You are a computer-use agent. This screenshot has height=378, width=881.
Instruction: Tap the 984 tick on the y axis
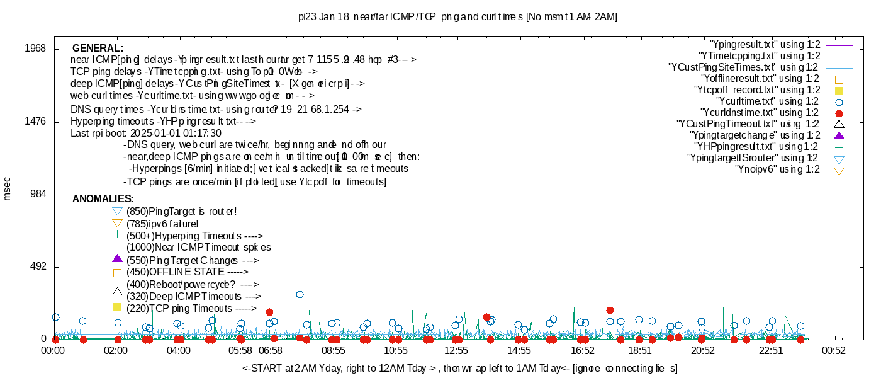(38, 195)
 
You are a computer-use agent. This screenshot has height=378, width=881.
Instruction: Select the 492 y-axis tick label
(38, 267)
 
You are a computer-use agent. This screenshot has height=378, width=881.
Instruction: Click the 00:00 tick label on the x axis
(55, 350)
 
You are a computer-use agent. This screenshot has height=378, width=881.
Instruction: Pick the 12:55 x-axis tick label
(456, 350)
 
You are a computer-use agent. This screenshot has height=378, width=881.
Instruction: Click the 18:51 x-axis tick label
(640, 350)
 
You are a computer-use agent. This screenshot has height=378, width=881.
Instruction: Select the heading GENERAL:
(98, 49)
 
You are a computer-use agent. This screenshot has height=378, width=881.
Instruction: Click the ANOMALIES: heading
(103, 199)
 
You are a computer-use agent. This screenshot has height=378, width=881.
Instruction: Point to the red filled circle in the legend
(838, 113)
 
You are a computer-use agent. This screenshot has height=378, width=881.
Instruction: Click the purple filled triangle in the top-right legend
(838, 135)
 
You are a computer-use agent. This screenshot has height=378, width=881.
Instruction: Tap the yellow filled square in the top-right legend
(838, 91)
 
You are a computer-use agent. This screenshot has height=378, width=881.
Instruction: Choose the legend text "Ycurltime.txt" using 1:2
(767, 101)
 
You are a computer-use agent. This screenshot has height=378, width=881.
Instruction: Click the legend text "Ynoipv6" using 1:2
(777, 169)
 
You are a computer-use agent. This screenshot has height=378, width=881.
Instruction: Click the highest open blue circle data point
(300, 294)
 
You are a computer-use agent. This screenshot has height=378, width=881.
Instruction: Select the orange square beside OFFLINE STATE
(116, 273)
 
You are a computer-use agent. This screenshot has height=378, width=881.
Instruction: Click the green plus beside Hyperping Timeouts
(116, 234)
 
